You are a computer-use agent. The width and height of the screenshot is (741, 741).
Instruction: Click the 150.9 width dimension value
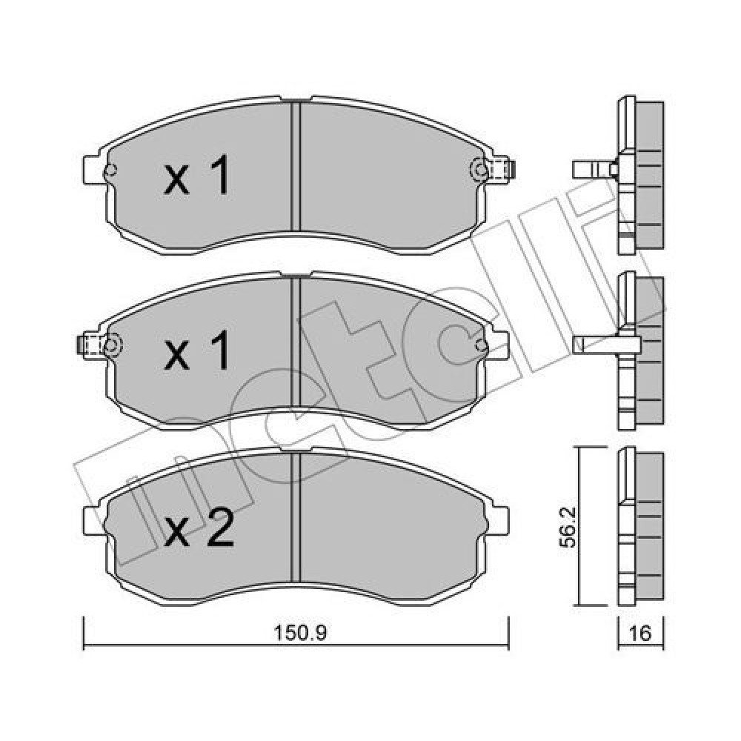301,633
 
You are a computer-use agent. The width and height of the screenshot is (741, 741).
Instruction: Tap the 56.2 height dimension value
568,527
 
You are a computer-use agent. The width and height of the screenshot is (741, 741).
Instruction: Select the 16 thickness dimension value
640,633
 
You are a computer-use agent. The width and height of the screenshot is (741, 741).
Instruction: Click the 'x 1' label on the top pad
196,176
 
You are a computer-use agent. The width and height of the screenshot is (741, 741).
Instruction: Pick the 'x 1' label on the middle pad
196,350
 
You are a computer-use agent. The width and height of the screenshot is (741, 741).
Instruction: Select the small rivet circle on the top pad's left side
110,169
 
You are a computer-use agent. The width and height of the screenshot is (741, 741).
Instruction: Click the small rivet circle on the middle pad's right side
482,345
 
